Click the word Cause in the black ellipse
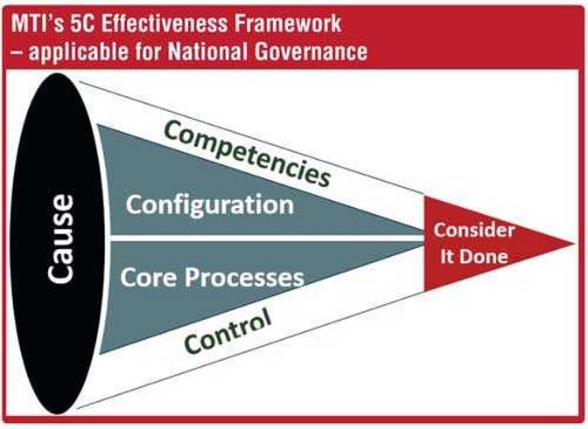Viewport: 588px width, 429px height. (x=60, y=239)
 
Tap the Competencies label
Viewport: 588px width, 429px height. (x=248, y=154)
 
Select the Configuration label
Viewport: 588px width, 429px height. (x=210, y=205)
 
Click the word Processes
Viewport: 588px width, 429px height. (x=244, y=278)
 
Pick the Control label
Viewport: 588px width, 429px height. (x=228, y=331)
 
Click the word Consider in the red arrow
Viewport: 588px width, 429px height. (x=474, y=230)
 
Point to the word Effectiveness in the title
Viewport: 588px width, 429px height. (x=164, y=24)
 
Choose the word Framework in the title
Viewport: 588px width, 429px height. (x=288, y=24)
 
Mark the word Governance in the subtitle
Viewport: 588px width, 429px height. (x=311, y=51)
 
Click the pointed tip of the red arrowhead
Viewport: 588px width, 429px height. (x=575, y=244)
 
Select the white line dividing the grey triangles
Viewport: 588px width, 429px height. (x=268, y=238)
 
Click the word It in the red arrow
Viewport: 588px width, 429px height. (x=447, y=256)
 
